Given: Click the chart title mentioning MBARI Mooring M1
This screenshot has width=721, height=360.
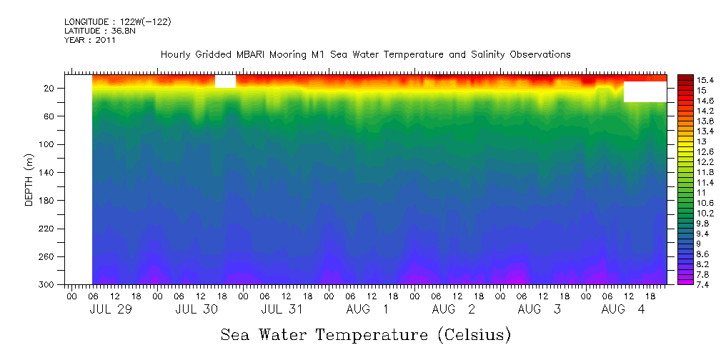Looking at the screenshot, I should [x=365, y=54].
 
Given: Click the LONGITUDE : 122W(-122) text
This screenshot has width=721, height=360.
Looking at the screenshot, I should [x=117, y=22].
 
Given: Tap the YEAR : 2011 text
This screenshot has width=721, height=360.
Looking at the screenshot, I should [x=89, y=40].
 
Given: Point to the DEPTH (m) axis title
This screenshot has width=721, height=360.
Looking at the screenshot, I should [x=29, y=179].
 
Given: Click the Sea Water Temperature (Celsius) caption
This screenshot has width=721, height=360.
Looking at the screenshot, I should [x=365, y=334].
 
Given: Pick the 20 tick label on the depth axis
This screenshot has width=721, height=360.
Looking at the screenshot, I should [x=50, y=88].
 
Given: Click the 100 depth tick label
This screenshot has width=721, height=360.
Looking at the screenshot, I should [x=48, y=144].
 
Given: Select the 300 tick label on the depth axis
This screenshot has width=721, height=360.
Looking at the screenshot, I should [x=48, y=284].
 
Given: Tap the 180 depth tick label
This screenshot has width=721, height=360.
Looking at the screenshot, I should [x=48, y=201].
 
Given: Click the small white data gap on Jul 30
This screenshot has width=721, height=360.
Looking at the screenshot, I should [x=225, y=81].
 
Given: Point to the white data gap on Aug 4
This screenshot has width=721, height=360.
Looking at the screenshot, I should [x=645, y=91].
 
